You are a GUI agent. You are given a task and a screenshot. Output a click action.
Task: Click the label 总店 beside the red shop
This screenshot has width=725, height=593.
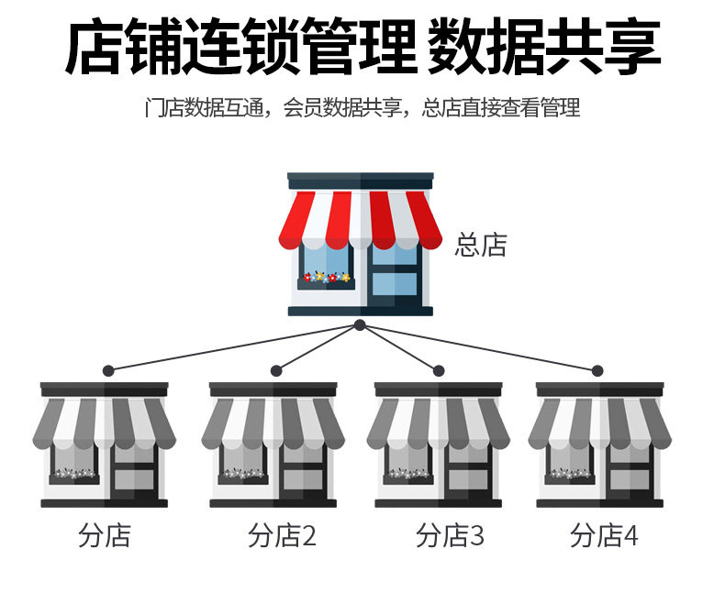pyautogui.click(x=480, y=245)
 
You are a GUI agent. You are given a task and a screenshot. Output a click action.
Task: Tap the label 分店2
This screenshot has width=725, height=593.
pyautogui.click(x=282, y=536)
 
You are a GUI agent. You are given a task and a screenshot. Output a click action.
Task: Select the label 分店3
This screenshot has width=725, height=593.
pyautogui.click(x=449, y=536)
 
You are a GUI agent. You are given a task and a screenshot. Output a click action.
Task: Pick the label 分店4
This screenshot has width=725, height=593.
pyautogui.click(x=603, y=536)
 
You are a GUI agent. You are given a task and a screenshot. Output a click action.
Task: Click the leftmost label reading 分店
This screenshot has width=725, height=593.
pyautogui.click(x=105, y=536)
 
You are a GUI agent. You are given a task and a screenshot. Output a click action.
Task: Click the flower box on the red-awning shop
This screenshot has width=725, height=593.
pyautogui.click(x=326, y=277)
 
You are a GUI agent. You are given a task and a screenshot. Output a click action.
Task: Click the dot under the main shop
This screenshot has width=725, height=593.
pyautogui.click(x=360, y=325)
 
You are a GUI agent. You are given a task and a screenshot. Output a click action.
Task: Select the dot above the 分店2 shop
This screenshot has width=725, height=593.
pyautogui.click(x=276, y=370)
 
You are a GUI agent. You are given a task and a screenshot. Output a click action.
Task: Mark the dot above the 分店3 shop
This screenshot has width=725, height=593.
pyautogui.click(x=439, y=370)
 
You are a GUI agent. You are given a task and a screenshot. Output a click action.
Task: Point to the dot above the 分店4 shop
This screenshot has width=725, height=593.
pyautogui.click(x=597, y=370)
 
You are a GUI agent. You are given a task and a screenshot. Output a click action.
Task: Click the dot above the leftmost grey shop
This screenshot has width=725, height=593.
pyautogui.click(x=108, y=370)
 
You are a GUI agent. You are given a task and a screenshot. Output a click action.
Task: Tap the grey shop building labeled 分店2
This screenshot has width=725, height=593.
pyautogui.click(x=273, y=445)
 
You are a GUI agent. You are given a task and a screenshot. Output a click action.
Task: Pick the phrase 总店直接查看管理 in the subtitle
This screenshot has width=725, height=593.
pyautogui.click(x=501, y=108)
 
